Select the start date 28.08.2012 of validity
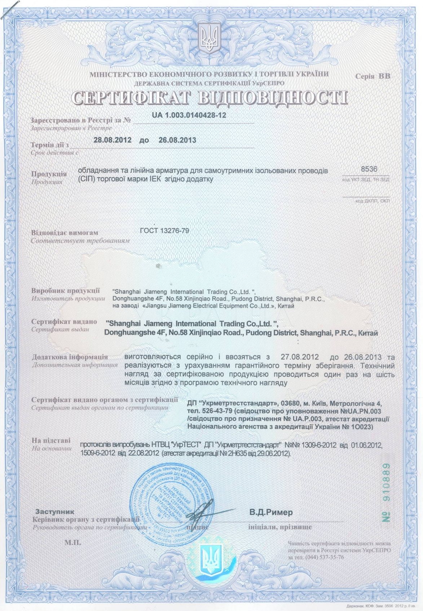[x=112, y=140]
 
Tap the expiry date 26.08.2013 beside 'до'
[x=177, y=140]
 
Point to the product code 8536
[x=369, y=169]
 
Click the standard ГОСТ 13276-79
[x=164, y=231]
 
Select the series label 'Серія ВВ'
[x=373, y=77]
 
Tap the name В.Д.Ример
[x=271, y=512]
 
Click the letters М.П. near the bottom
[x=73, y=542]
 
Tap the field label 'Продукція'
[x=49, y=174]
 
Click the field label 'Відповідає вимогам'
[x=65, y=233]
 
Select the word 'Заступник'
[x=55, y=511]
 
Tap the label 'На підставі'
[x=51, y=441]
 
